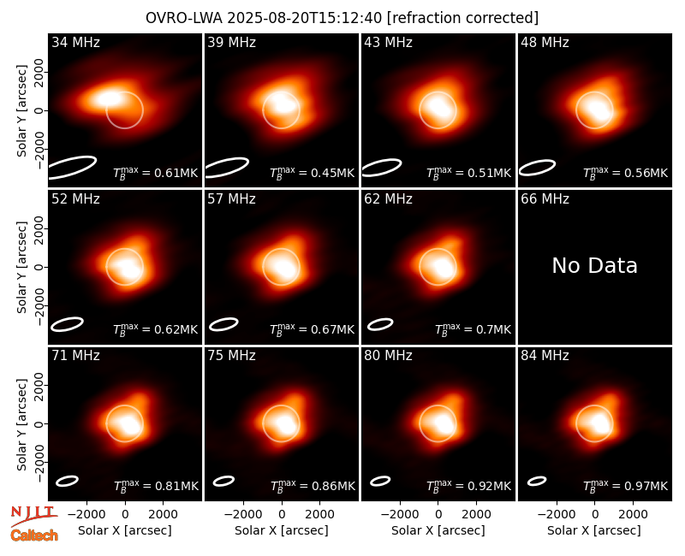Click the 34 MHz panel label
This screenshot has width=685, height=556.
75,42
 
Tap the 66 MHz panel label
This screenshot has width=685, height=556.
545,199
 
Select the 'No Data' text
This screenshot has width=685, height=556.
594,265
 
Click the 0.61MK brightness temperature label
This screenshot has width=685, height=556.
156,173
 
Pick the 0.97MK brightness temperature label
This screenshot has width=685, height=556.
626,486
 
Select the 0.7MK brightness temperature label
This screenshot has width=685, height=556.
474,329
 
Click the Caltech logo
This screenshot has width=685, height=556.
34,535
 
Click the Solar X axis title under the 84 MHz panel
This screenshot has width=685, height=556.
594,530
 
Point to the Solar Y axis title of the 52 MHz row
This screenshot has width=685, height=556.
21,267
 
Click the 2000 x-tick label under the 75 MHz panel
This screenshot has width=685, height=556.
319,515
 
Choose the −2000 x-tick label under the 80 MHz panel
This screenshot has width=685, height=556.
400,515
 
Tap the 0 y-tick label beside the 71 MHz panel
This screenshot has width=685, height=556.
39,423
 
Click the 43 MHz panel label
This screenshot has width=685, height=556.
389,42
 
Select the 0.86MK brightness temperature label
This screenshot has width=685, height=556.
313,486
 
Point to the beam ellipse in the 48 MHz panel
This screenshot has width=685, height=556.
537,168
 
